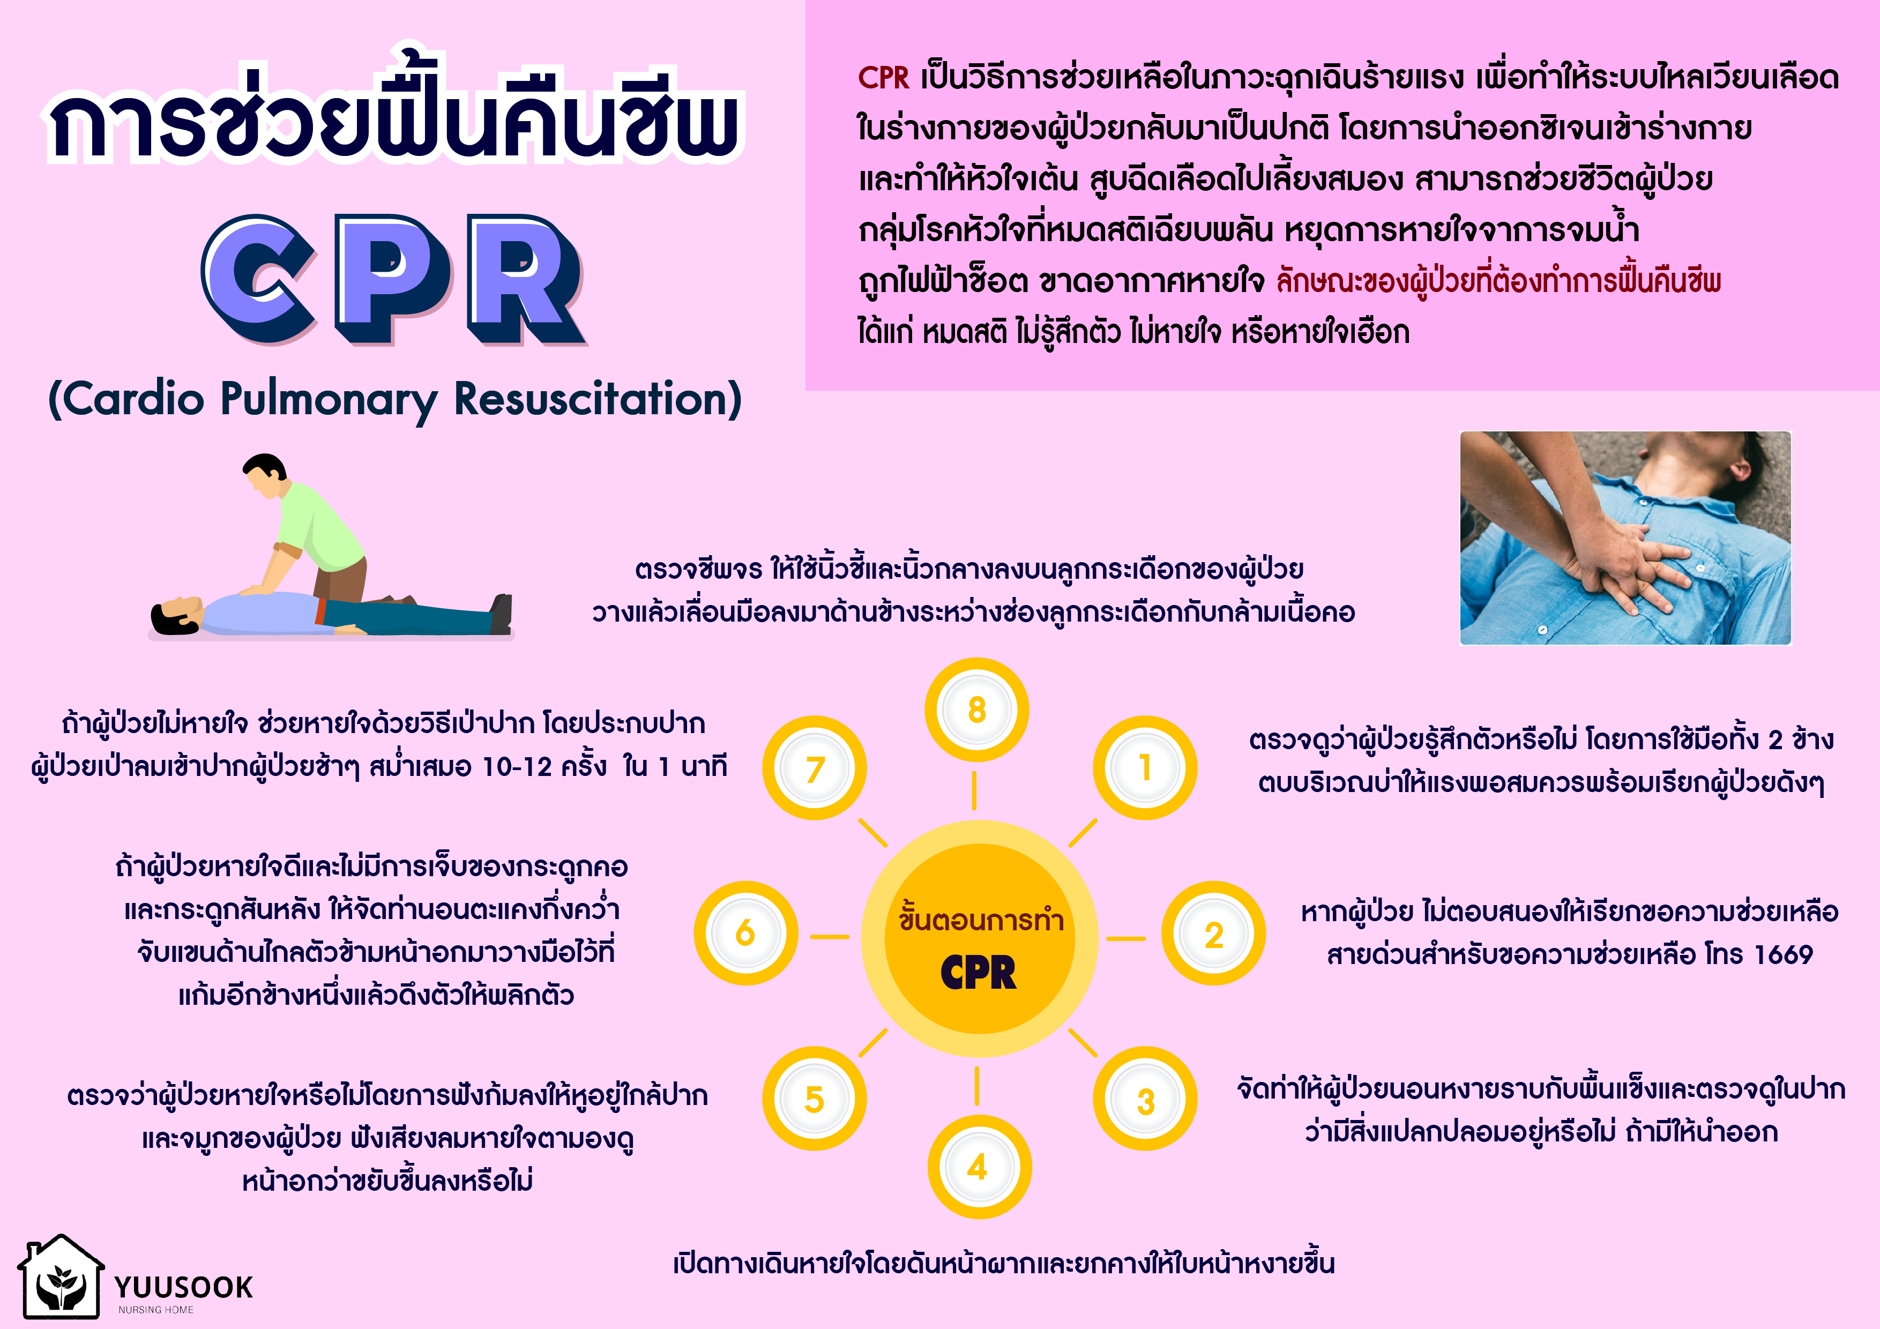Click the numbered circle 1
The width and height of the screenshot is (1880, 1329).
coord(1145,768)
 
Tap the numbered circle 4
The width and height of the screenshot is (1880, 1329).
coord(979,1167)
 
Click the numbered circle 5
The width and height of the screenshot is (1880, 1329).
coord(814,1099)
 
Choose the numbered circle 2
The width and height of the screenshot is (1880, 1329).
coord(1213,934)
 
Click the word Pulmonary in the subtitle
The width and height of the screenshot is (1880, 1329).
coord(329,400)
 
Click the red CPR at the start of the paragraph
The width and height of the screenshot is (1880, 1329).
coord(884,78)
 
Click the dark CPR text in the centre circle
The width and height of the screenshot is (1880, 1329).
coord(979,973)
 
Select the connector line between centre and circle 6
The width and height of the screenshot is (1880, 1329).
coord(830,937)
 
